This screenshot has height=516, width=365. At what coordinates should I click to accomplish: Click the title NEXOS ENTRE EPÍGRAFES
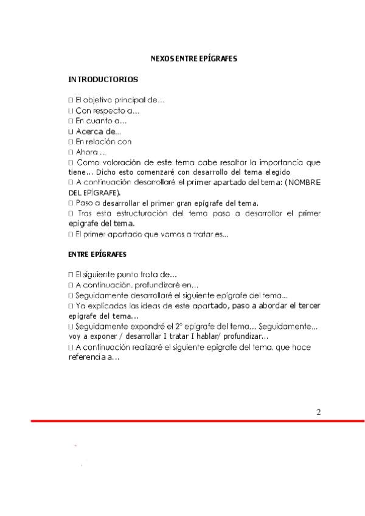tap(193, 59)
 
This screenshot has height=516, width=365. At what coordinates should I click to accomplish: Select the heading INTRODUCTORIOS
tap(103, 80)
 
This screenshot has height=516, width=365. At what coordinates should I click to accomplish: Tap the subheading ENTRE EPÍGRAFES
tap(97, 254)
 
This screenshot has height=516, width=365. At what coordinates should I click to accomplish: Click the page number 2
tap(318, 412)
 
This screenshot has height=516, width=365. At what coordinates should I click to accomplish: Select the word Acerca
tap(89, 131)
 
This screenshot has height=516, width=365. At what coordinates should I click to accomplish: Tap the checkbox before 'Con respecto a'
tap(71, 111)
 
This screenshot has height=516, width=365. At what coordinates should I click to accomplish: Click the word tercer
tap(309, 305)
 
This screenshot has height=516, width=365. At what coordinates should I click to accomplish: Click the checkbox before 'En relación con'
tap(71, 142)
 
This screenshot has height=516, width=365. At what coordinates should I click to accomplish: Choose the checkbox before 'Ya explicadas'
tap(71, 305)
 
